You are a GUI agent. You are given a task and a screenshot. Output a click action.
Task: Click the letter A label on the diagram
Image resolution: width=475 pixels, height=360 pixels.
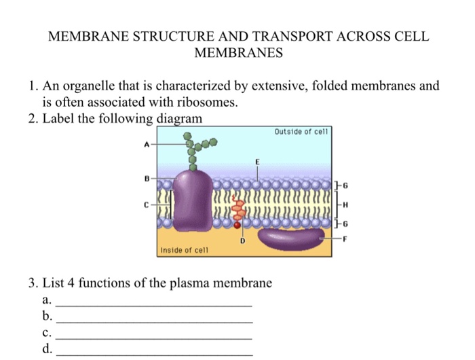point(146,145)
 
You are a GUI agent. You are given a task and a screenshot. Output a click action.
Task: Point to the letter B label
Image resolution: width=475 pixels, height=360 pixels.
point(146,180)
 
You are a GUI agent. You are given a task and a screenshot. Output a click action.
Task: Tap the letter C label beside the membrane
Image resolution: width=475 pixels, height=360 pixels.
point(146,202)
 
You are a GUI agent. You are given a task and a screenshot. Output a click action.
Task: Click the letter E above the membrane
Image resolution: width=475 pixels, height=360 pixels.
point(257,162)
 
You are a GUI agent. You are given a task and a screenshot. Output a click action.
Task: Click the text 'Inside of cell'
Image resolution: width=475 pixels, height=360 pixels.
point(183,250)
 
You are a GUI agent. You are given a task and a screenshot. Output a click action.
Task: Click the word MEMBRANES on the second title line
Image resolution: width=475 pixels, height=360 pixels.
point(237,52)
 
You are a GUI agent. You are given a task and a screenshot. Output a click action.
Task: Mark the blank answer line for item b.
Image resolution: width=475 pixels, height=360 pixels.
point(154,320)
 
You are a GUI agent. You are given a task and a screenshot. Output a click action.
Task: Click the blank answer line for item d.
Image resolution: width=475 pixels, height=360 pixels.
point(154,354)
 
